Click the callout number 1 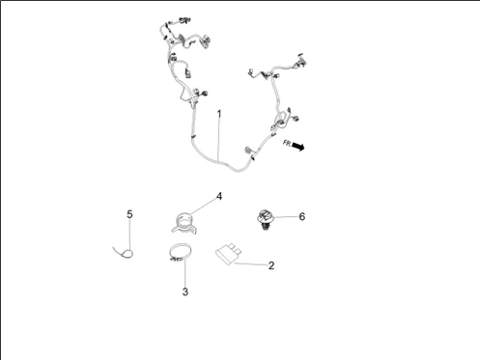(x=219, y=114)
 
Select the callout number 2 (x=271, y=265)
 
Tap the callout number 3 (x=184, y=291)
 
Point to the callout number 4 (x=219, y=196)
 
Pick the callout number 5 (x=130, y=213)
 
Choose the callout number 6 (x=301, y=217)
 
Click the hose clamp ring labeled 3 (x=176, y=257)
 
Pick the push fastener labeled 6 (x=263, y=219)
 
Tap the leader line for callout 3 (x=183, y=275)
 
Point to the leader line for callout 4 (x=204, y=206)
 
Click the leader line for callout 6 (x=285, y=217)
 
